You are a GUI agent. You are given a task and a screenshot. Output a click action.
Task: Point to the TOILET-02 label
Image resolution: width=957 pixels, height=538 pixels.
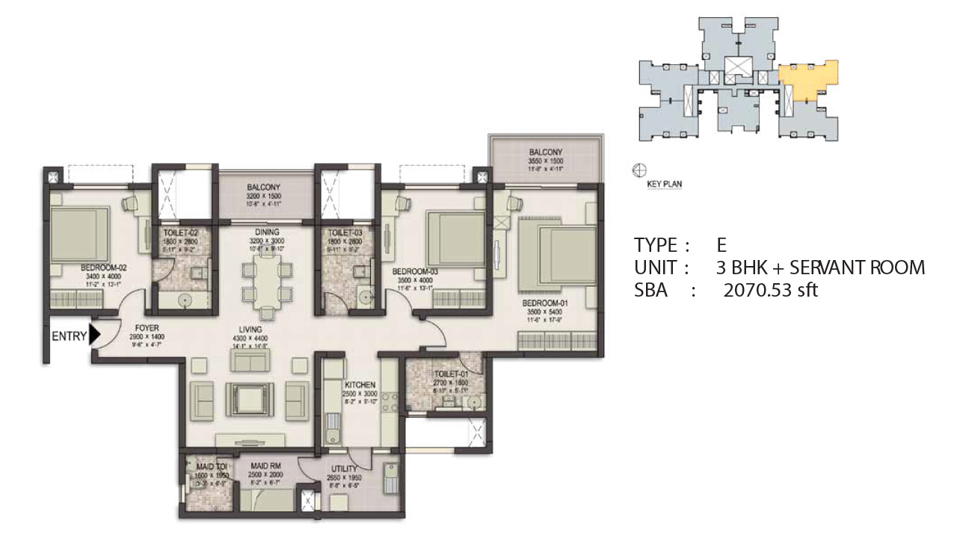(179, 233)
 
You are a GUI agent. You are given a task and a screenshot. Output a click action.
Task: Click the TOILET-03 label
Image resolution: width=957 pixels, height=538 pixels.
(345, 233)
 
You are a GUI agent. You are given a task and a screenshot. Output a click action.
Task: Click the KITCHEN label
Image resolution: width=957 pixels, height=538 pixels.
(360, 384)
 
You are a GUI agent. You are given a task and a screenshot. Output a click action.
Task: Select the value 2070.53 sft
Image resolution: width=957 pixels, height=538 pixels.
(770, 290)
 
